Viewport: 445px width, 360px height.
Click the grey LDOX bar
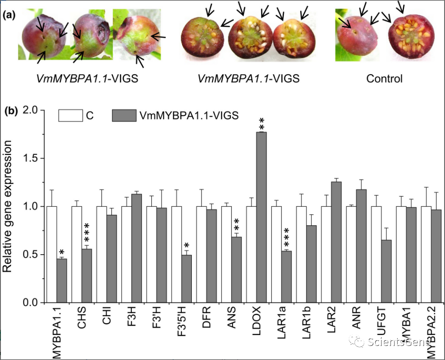[262, 217]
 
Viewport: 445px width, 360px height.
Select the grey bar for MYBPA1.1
[62, 281]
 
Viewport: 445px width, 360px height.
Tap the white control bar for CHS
[77, 255]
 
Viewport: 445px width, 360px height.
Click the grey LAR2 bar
[337, 242]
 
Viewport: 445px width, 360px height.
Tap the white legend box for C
[71, 115]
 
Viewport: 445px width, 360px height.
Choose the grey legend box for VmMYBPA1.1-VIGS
[124, 115]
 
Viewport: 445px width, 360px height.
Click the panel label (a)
[10, 16]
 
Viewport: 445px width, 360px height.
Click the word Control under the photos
[384, 79]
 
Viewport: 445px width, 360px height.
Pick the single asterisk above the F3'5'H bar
[187, 245]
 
